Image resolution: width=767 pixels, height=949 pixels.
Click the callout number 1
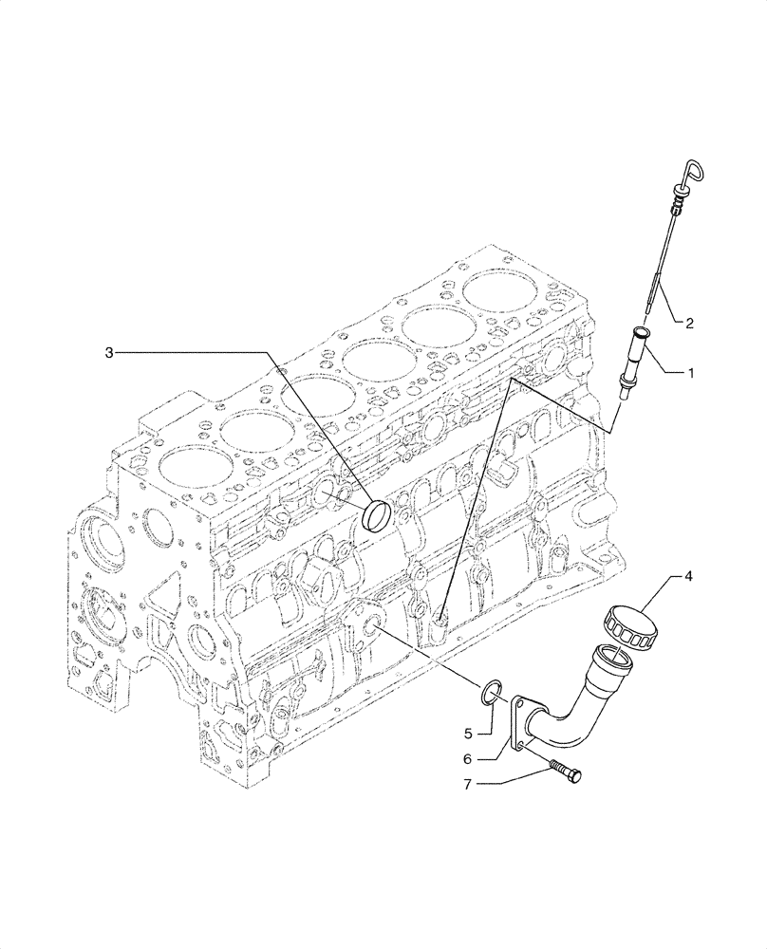[691, 374]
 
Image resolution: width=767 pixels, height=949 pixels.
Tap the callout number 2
[690, 324]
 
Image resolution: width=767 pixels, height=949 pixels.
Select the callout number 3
[109, 353]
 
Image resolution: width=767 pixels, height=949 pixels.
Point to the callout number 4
[688, 575]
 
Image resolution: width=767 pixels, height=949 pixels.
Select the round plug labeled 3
[378, 516]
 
